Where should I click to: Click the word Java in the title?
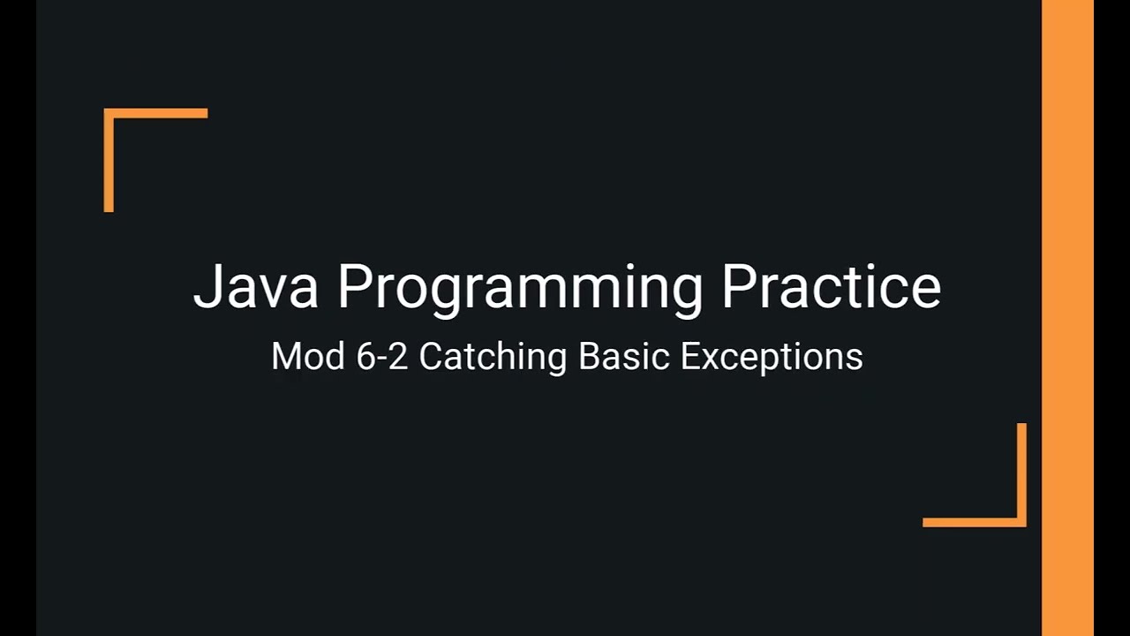255,286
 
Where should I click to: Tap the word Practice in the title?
831,286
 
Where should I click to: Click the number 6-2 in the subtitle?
382,357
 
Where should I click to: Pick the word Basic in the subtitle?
623,357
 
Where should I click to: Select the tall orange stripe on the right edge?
1067,318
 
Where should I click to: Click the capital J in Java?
204,286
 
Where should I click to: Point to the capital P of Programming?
353,286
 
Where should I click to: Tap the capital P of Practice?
737,286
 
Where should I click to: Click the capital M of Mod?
286,357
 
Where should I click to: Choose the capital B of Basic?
589,357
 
